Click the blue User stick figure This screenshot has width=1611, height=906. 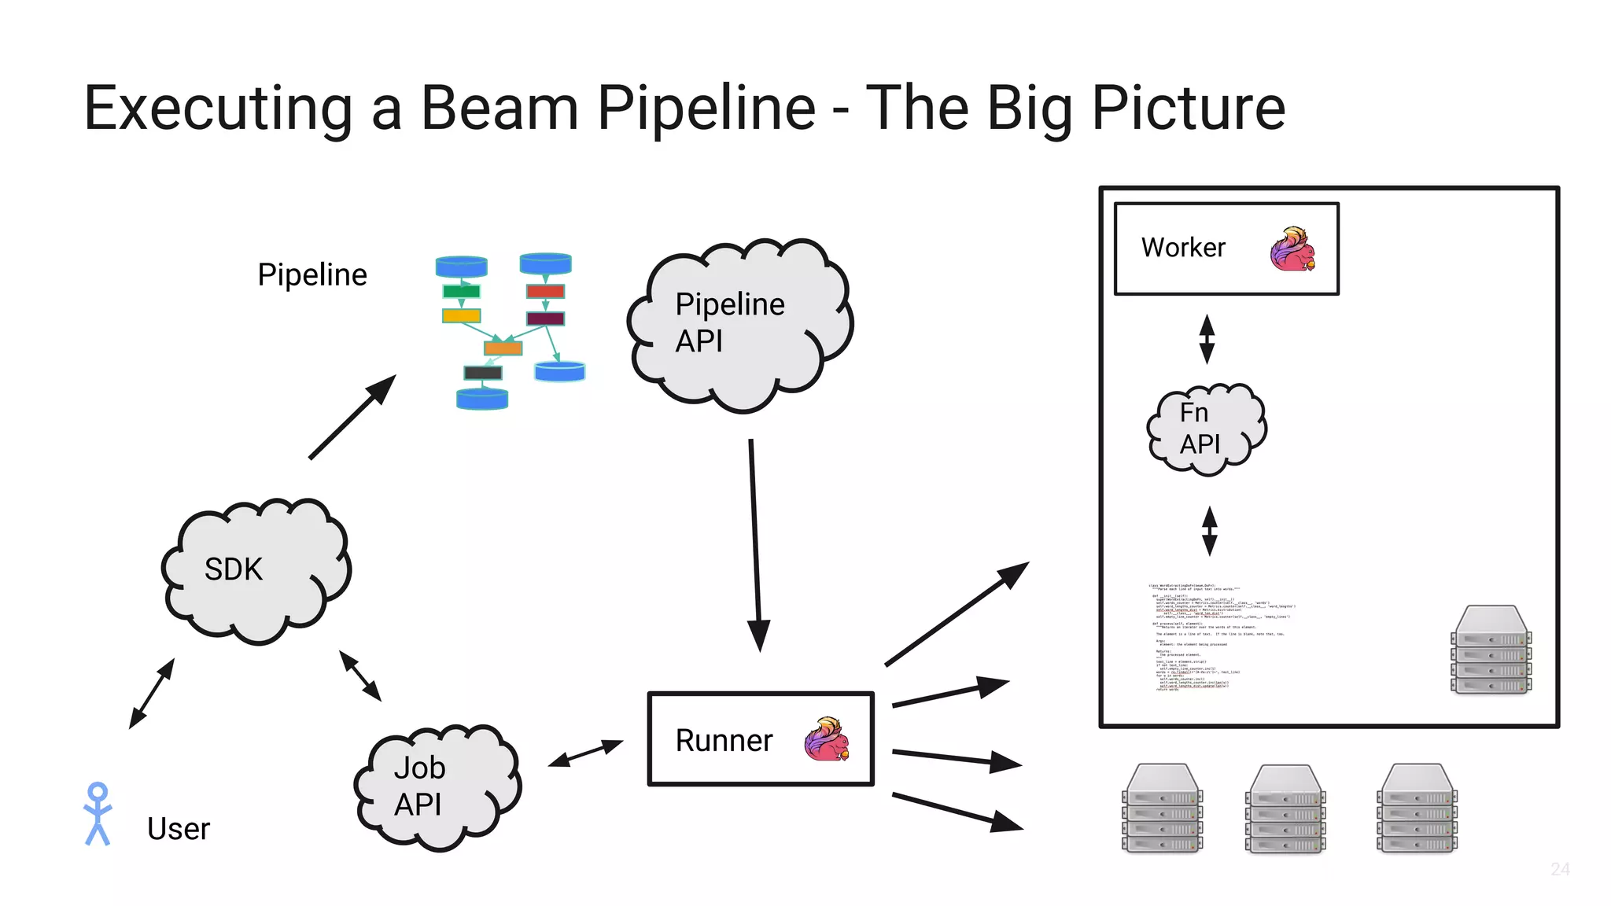click(x=98, y=814)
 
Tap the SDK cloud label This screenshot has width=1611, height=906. click(x=234, y=569)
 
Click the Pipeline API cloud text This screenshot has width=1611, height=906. click(x=729, y=322)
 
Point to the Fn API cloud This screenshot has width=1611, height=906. click(x=1204, y=429)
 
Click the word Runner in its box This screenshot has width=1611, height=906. click(x=724, y=741)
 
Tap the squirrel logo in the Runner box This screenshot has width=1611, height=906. click(x=827, y=739)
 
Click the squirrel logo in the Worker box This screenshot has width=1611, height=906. click(x=1292, y=249)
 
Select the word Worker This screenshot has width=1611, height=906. click(x=1183, y=248)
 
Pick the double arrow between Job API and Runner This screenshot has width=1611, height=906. click(x=586, y=753)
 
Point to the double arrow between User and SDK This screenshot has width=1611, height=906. click(x=152, y=693)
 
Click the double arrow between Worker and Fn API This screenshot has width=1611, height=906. click(x=1207, y=339)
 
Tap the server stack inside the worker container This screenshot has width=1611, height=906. click(x=1491, y=650)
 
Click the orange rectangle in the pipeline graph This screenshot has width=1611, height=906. click(x=503, y=348)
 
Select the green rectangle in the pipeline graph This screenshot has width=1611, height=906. click(x=461, y=292)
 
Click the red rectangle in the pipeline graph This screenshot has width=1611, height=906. click(x=545, y=292)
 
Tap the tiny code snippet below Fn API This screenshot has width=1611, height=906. click(x=1219, y=637)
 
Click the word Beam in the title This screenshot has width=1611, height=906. click(x=500, y=108)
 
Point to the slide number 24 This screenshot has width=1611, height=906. click(x=1560, y=869)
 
